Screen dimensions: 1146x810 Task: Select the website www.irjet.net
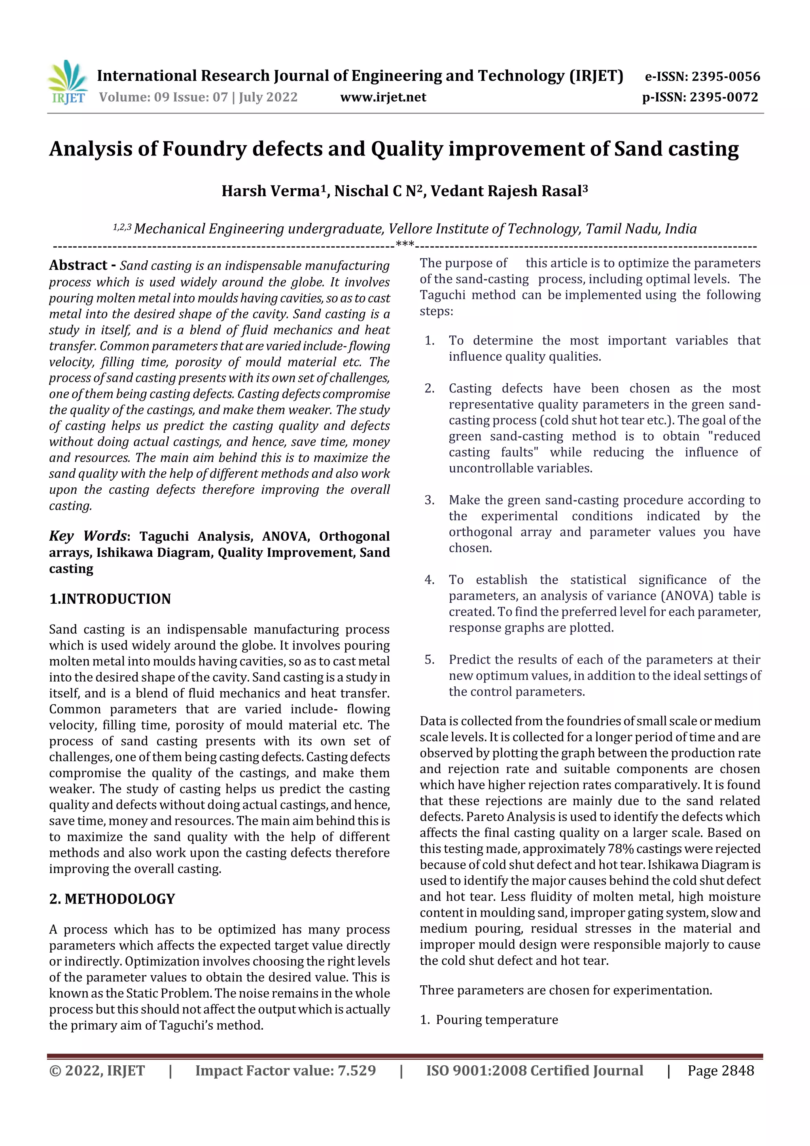click(383, 97)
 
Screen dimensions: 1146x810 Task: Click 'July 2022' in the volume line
click(268, 97)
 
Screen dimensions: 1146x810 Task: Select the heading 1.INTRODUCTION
click(110, 599)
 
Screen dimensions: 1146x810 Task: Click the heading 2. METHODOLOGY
click(112, 898)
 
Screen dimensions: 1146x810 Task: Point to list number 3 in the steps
click(429, 500)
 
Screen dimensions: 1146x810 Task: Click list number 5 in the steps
click(429, 660)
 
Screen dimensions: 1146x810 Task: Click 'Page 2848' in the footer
click(720, 1070)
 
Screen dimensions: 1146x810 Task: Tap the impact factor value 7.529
click(356, 1070)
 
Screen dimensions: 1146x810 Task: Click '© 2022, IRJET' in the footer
click(97, 1070)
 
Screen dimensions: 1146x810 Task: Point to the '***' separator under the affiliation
click(404, 244)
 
